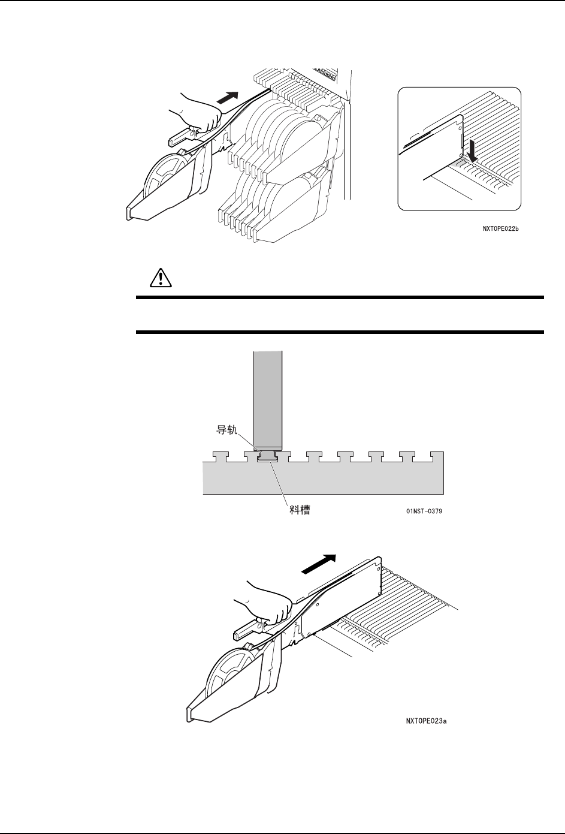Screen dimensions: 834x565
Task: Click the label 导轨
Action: pyautogui.click(x=228, y=430)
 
